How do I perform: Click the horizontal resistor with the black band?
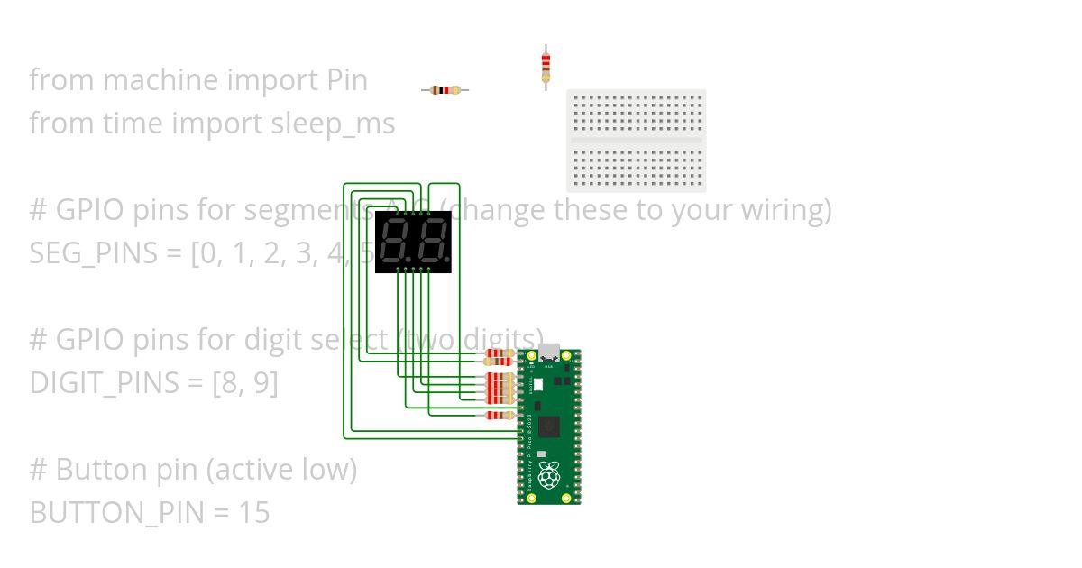coord(445,90)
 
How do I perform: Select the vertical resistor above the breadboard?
coord(546,66)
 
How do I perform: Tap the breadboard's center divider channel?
coord(637,141)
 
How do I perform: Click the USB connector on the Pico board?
coord(549,352)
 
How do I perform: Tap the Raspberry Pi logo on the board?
coord(549,474)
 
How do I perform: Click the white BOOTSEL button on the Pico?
coord(538,384)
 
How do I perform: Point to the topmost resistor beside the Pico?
coord(499,353)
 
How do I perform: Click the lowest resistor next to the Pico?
coord(499,415)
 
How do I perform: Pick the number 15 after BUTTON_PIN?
coord(254,513)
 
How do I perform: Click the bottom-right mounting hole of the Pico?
coord(566,498)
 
